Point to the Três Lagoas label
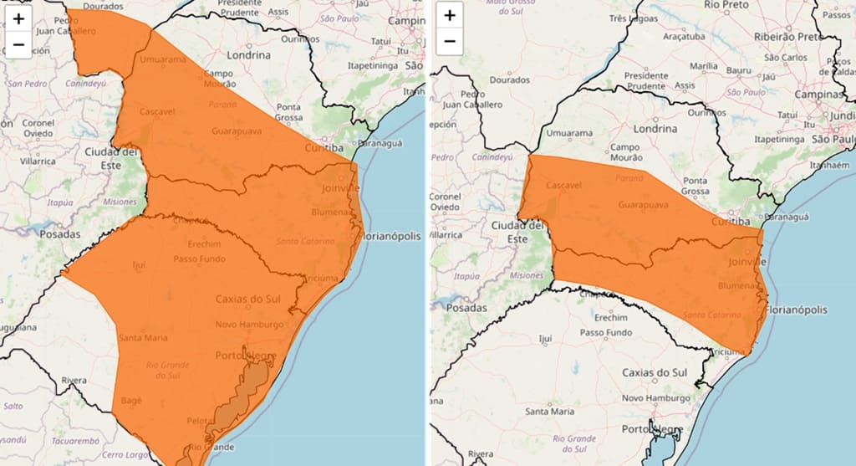(x=630, y=18)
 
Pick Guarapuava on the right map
(x=643, y=205)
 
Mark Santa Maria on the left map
(x=142, y=338)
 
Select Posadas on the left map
(x=59, y=234)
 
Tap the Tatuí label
(x=380, y=40)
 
